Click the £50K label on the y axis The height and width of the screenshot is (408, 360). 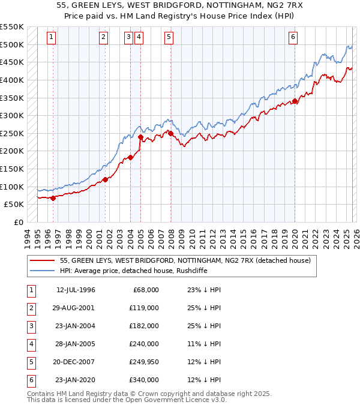click(14, 205)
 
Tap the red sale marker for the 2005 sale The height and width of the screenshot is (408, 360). click(140, 137)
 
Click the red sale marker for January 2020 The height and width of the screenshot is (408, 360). click(295, 101)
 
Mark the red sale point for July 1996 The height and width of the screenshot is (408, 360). click(53, 198)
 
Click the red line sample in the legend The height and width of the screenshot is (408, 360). click(42, 260)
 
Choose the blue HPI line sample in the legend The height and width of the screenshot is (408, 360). click(42, 271)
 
